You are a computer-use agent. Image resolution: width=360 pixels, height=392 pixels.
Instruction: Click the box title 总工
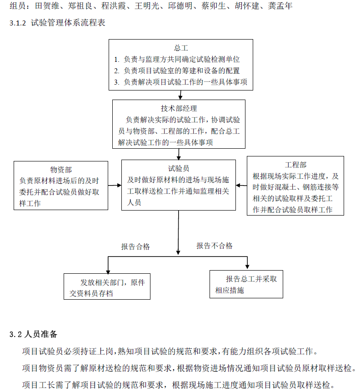click(181, 48)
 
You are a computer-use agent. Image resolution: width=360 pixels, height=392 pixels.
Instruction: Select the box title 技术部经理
click(179, 109)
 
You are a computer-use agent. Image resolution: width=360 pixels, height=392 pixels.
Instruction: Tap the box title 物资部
click(61, 170)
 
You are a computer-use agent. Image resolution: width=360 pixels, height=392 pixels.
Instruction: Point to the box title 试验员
click(178, 169)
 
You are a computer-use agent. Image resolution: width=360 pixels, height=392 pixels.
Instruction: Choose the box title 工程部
click(295, 165)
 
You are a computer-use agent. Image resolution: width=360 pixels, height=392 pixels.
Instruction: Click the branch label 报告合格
click(135, 247)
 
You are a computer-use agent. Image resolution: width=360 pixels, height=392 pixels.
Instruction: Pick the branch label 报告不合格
click(215, 246)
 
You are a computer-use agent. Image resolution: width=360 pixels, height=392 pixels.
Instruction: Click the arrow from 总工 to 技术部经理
click(180, 95)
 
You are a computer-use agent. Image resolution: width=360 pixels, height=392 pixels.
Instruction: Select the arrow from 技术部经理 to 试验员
click(179, 154)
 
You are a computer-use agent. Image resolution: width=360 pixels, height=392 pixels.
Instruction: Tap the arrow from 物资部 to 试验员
click(115, 186)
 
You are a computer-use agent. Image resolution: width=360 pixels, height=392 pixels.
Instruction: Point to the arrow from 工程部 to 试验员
click(241, 185)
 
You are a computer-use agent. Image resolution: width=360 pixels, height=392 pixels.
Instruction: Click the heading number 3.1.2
click(18, 23)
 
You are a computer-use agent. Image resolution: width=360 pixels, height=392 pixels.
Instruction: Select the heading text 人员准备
click(41, 334)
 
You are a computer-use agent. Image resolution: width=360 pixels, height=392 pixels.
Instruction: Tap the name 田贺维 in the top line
click(47, 5)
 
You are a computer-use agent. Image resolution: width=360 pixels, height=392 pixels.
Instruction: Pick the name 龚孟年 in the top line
click(280, 5)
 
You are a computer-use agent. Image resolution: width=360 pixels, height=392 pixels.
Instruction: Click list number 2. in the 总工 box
click(117, 71)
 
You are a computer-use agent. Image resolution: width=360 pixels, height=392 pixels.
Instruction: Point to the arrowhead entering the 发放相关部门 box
click(108, 272)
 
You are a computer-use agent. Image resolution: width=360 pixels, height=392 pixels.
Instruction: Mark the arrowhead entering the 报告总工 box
click(247, 267)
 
